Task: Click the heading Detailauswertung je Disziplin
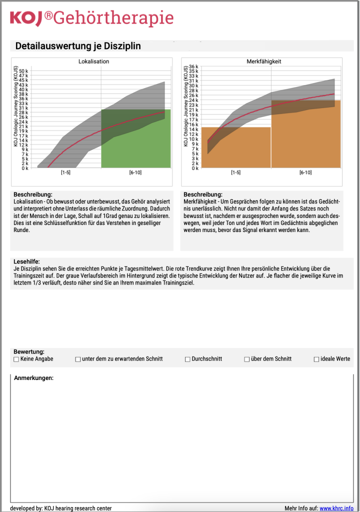tap(78, 46)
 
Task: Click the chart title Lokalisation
tap(93, 61)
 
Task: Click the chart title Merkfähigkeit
tap(264, 61)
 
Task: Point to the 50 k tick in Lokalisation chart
tap(24, 71)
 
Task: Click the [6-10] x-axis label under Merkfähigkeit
tap(305, 172)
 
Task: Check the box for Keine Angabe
tap(16, 359)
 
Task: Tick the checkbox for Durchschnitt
tap(187, 359)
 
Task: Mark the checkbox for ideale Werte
tap(316, 359)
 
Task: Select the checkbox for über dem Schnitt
tap(247, 359)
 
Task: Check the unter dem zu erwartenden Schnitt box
tap(78, 359)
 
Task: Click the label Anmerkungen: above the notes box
tap(33, 378)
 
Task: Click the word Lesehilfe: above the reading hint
tap(26, 261)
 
